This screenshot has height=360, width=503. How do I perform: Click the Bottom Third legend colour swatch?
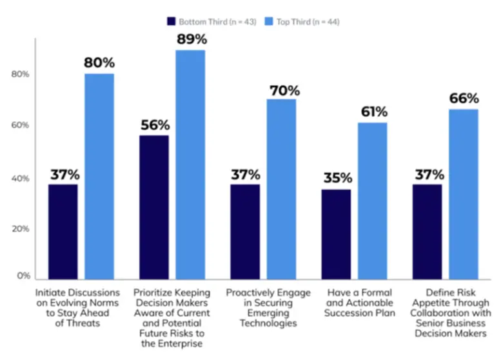point(172,22)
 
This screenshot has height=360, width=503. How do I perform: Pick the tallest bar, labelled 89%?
point(191,165)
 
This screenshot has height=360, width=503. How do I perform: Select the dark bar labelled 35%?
point(337,234)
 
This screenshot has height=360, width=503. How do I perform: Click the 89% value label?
point(191,39)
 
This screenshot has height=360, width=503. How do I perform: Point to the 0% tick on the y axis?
point(24,276)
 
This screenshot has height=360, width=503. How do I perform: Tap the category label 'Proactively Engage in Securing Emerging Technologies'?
point(268,308)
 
